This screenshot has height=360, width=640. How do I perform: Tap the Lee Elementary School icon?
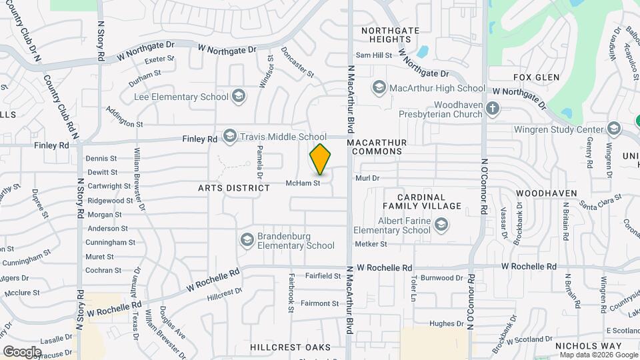tap(238, 97)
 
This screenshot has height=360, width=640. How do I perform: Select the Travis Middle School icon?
tap(230, 137)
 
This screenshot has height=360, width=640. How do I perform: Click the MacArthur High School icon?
tap(379, 88)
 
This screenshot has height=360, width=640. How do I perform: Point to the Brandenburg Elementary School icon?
tap(247, 239)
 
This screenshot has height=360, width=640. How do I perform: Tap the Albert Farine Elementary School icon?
tap(441, 225)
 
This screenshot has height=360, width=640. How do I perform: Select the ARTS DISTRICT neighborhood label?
tap(234, 188)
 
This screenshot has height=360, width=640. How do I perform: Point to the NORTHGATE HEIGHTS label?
tap(390, 35)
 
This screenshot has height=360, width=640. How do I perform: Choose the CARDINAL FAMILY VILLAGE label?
tap(429, 201)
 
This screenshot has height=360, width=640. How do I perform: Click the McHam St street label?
tap(303, 183)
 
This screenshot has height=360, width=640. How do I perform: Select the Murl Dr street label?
tap(367, 178)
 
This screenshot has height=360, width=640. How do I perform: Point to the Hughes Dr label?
tap(446, 323)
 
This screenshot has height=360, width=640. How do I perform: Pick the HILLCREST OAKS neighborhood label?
tap(291, 348)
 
